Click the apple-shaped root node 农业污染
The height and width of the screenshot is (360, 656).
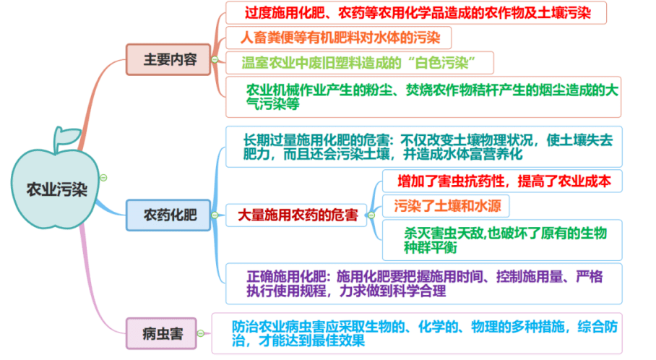tap(56, 189)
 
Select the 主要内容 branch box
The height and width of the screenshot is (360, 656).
tap(168, 59)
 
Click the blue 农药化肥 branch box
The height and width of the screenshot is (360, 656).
tap(168, 215)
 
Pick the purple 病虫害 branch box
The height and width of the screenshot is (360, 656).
tap(162, 334)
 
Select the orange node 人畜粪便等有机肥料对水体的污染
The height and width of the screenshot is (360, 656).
tap(338, 38)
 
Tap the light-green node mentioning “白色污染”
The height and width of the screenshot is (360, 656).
tap(359, 63)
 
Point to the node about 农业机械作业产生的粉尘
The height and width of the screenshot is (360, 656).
tap(423, 97)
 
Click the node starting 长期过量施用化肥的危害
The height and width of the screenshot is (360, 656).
tap(424, 147)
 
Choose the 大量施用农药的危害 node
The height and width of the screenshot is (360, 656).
tap(296, 215)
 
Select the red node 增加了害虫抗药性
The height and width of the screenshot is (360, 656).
tap(502, 181)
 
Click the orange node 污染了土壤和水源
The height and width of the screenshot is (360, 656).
tap(446, 206)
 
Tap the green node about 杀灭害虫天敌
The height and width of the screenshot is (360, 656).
tap(502, 240)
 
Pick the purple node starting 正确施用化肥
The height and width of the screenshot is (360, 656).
tap(424, 283)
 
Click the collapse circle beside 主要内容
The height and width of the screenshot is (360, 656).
tap(215, 59)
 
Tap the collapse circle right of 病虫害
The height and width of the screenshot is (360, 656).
tap(201, 334)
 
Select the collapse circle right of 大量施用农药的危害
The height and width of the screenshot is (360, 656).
tap(371, 215)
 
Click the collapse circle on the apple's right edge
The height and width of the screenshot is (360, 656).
tap(103, 178)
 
